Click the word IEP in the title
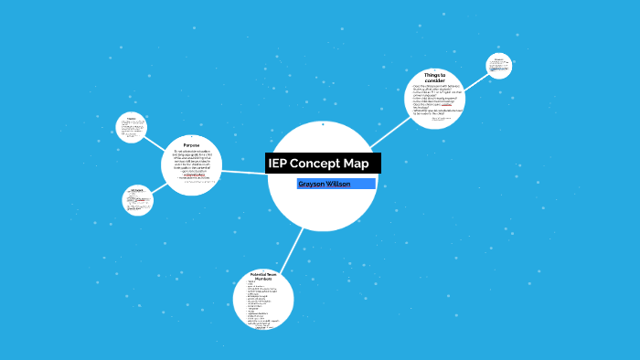point(278,164)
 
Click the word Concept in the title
point(316,164)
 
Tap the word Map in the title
point(357,164)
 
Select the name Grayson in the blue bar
point(315,184)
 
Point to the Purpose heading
point(191,144)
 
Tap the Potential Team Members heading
point(263,276)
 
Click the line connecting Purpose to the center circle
point(245,172)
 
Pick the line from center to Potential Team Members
point(293,248)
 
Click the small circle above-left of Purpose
point(132,127)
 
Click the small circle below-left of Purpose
point(137,200)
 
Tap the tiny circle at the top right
point(498,66)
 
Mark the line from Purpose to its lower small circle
point(160,187)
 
